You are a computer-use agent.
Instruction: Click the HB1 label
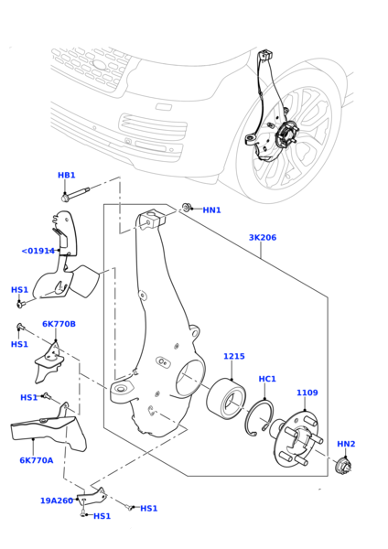click(66, 175)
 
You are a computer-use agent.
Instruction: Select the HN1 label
click(212, 210)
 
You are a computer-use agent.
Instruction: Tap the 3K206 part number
click(263, 237)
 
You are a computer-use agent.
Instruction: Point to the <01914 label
click(38, 251)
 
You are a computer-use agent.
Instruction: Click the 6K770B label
click(59, 324)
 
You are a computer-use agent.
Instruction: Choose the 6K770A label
click(37, 460)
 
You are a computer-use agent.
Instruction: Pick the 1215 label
click(234, 356)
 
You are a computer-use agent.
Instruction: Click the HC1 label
click(267, 379)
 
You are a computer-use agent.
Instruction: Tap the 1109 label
click(307, 393)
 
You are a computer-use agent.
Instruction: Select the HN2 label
click(346, 444)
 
